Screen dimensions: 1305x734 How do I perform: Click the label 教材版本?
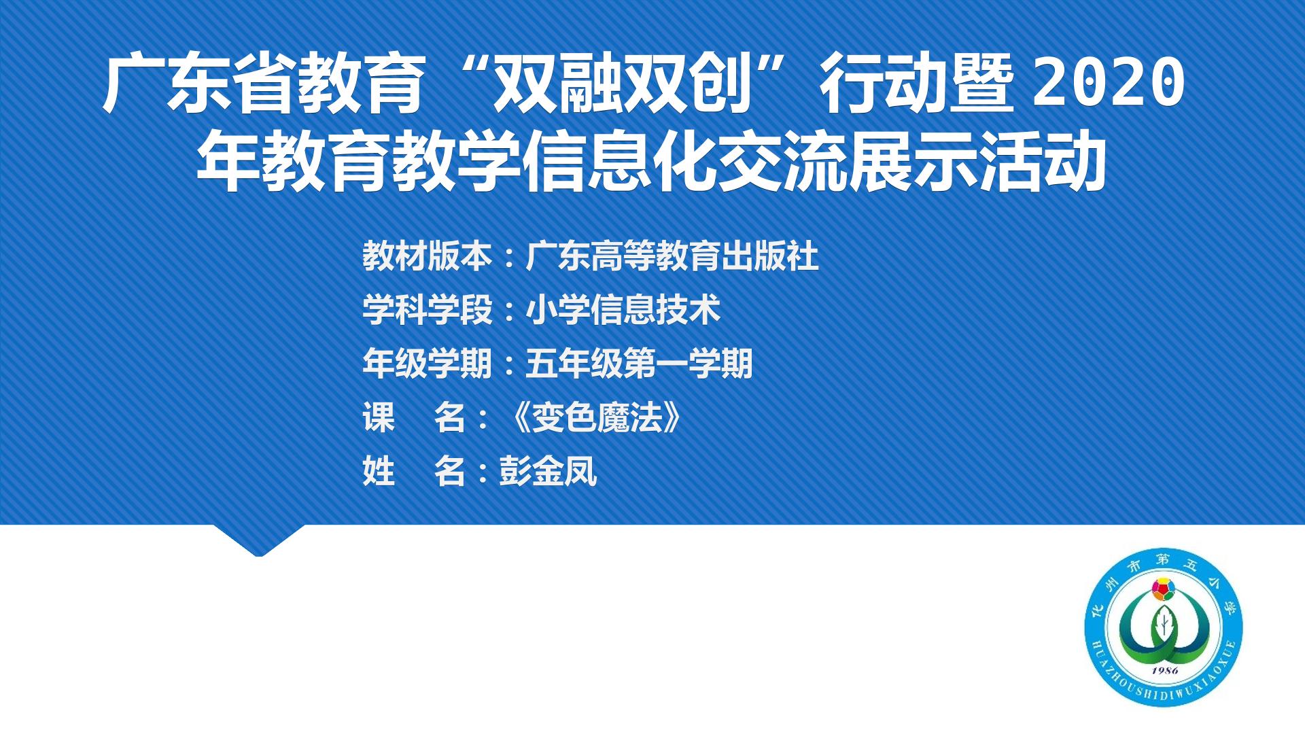(x=427, y=256)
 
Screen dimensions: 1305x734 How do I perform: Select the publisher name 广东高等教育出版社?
(x=672, y=256)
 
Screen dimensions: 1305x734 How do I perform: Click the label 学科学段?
(x=427, y=310)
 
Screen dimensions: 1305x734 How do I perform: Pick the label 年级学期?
(x=427, y=364)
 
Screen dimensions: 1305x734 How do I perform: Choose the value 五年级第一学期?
(x=640, y=364)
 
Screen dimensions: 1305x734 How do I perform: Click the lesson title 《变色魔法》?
(x=597, y=417)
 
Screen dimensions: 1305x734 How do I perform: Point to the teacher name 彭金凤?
(x=548, y=471)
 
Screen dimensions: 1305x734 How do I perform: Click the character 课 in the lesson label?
(x=379, y=417)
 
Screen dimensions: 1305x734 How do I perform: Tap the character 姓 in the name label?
(x=379, y=471)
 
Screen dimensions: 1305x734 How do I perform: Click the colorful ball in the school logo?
(x=1164, y=588)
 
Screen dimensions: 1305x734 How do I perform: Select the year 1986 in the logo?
(x=1164, y=671)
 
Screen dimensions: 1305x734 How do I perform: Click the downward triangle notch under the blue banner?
(x=259, y=540)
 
